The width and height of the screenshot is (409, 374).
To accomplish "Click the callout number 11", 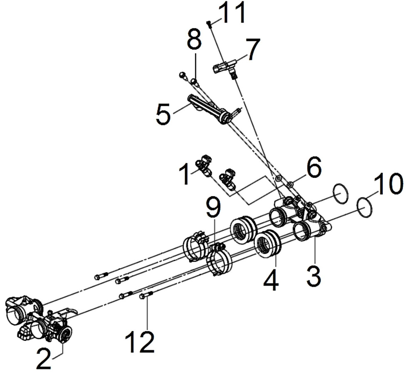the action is [x=232, y=12].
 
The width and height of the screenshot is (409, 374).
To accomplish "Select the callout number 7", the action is [x=253, y=49].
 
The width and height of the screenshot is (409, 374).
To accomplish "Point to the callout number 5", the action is [x=163, y=114].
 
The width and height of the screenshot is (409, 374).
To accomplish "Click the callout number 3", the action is [x=314, y=276].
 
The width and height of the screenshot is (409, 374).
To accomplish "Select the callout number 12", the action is [x=140, y=342].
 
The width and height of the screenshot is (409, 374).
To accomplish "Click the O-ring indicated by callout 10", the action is [x=365, y=207].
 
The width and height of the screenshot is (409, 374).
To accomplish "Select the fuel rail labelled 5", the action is [x=209, y=109].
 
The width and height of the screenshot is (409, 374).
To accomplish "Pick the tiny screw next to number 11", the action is [x=209, y=24].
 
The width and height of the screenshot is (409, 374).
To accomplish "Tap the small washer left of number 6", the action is [x=278, y=178].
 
